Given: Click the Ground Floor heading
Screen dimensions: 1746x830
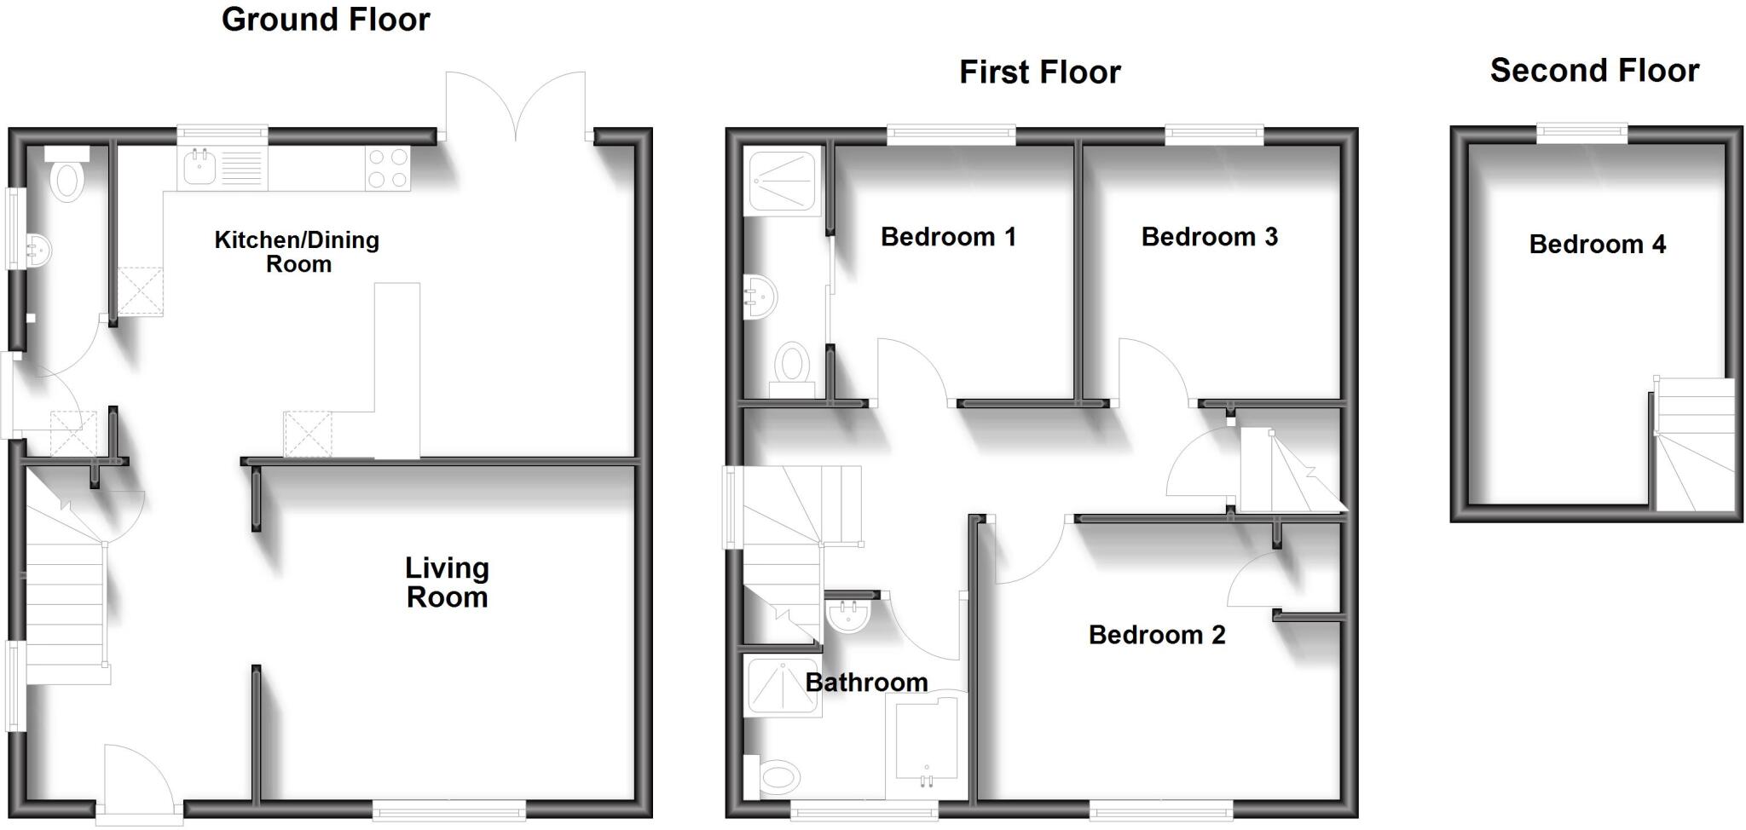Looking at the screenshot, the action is click(x=326, y=20).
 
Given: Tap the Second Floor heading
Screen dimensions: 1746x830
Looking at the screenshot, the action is click(x=1594, y=71).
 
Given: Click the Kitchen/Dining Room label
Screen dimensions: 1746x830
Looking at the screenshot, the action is click(x=297, y=251).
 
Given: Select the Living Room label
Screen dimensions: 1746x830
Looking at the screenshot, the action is click(x=447, y=582).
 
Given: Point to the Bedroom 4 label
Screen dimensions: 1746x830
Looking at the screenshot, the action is click(x=1597, y=245).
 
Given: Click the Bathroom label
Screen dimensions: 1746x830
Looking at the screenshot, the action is click(x=866, y=683).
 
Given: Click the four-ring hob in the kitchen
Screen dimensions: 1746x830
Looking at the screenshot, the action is click(x=388, y=168).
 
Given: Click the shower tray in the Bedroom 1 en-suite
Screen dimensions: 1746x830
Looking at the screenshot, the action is click(x=782, y=179).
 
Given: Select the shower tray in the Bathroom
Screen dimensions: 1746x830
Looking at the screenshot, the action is click(x=783, y=686).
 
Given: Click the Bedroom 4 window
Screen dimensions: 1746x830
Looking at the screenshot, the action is click(x=1582, y=132).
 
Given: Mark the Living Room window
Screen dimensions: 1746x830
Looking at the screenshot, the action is click(x=449, y=810).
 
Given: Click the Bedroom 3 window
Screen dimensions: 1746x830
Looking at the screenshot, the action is click(x=1214, y=132).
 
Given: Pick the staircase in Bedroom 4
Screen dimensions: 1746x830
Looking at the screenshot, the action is click(x=1694, y=445).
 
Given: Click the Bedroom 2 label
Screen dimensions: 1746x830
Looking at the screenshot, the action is click(x=1157, y=635).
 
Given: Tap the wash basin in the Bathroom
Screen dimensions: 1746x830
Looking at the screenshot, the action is click(x=847, y=616).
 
